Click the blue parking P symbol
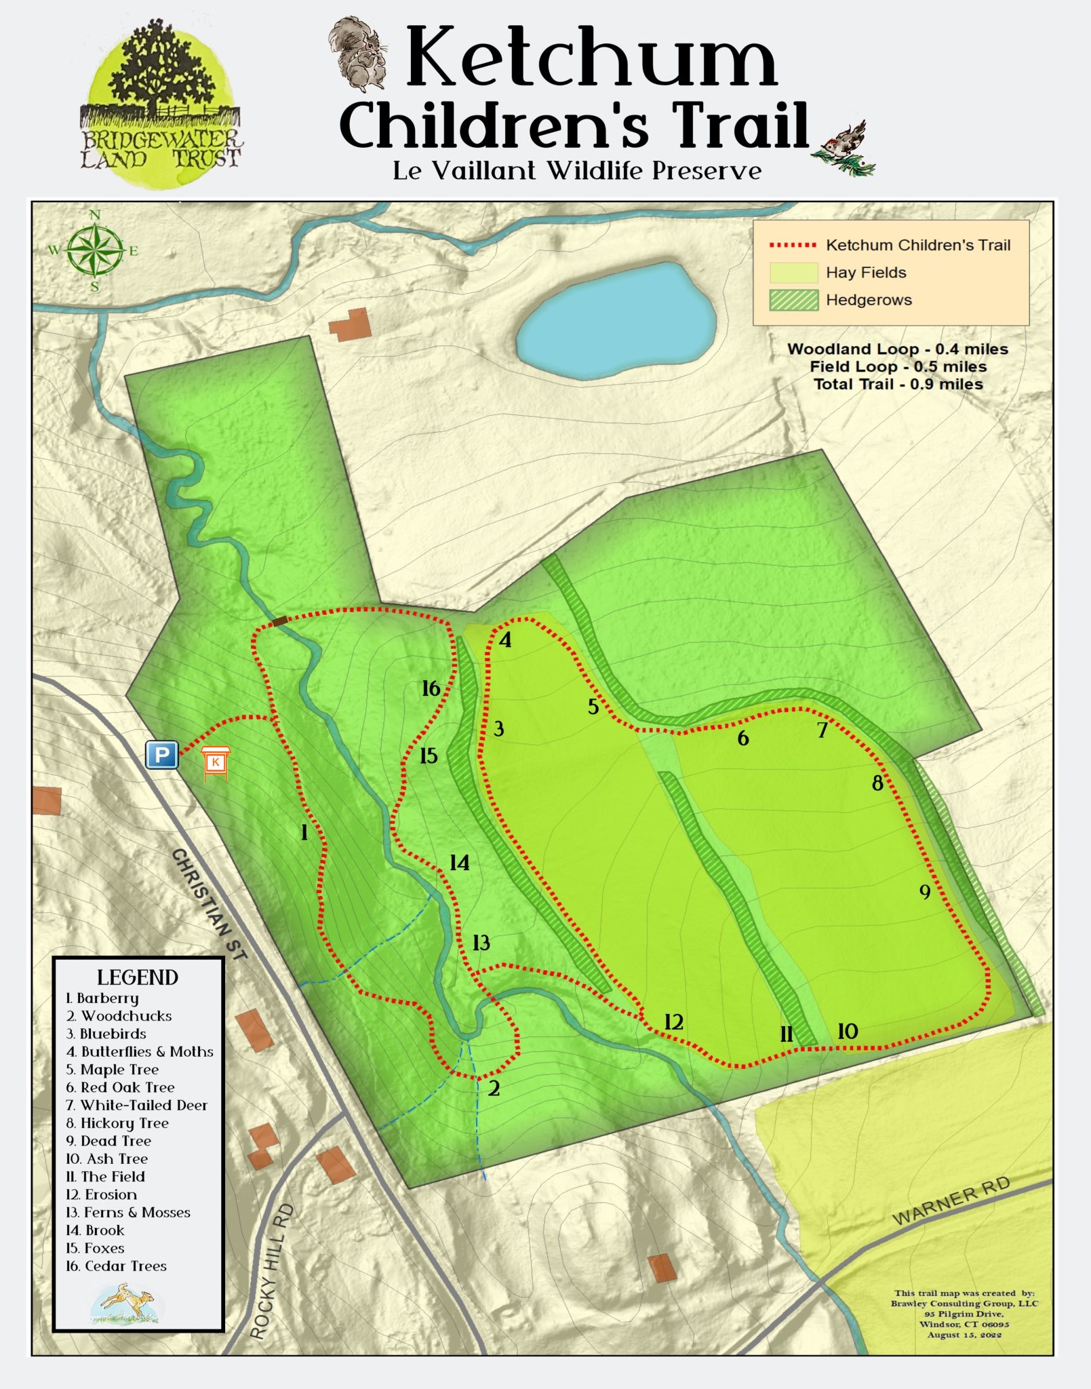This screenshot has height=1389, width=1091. [162, 754]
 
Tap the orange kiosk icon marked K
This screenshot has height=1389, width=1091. [216, 762]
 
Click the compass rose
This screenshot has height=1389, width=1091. [95, 250]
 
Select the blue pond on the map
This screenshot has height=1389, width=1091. [615, 319]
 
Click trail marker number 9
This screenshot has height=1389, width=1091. [925, 891]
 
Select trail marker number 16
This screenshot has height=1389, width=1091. [431, 688]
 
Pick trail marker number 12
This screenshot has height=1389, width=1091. [673, 1021]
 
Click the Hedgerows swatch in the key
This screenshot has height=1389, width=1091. [793, 300]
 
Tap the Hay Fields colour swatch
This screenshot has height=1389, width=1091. [793, 273]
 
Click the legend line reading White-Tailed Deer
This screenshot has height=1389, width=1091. [137, 1106]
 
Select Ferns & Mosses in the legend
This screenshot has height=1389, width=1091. [129, 1213]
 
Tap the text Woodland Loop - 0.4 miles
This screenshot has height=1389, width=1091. [897, 349]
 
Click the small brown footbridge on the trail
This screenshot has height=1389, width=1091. [279, 621]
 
